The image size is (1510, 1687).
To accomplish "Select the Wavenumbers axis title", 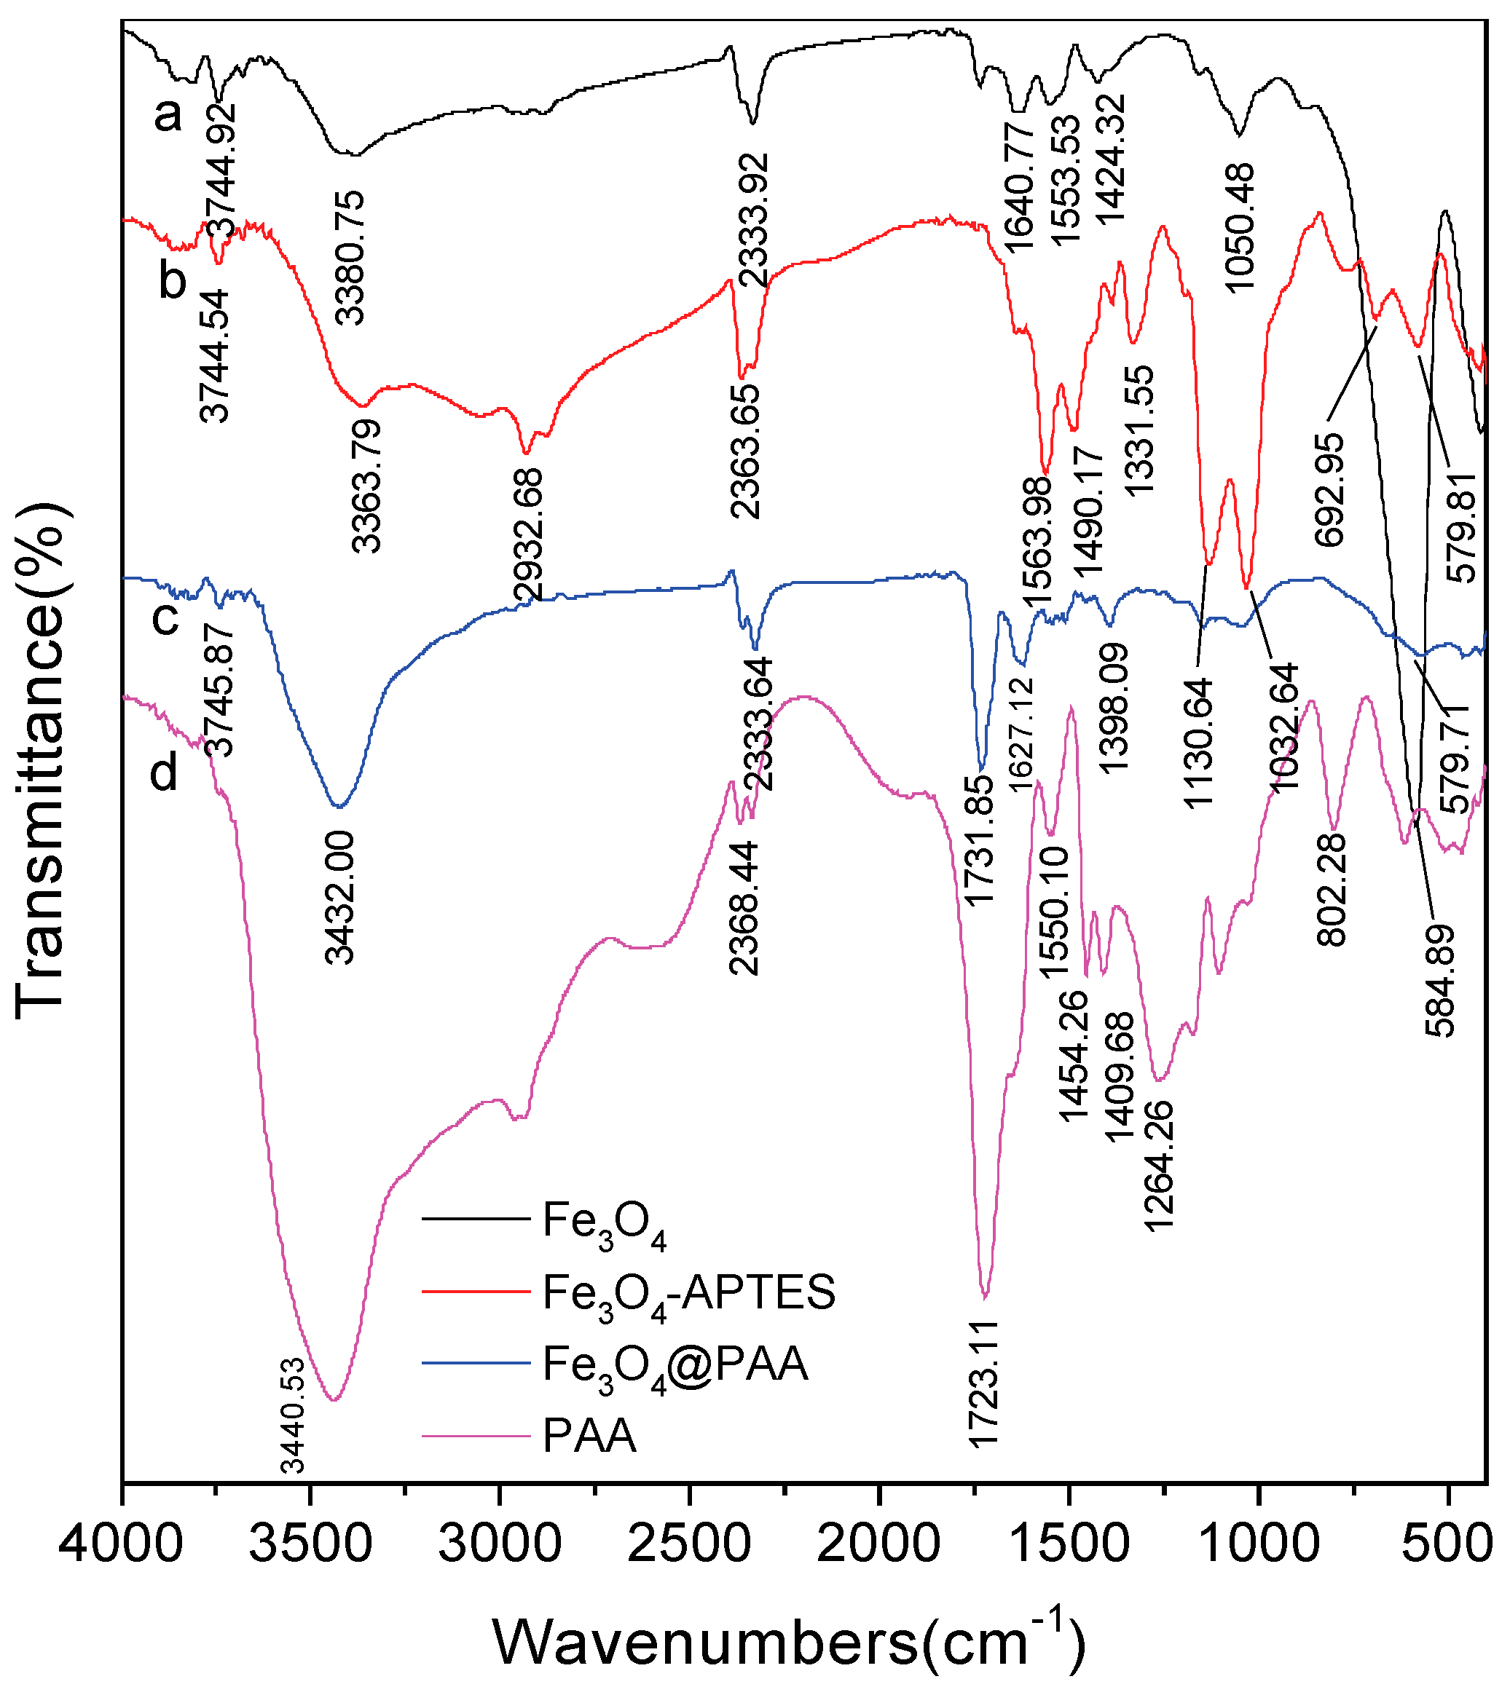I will (788, 1641).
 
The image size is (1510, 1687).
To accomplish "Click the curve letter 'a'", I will (168, 114).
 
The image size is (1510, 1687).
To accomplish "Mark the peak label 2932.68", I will (529, 535).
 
